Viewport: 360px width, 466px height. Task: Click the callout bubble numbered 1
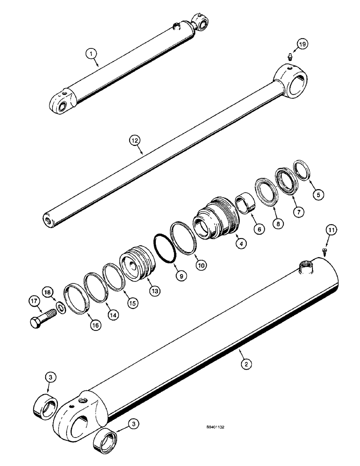(92, 54)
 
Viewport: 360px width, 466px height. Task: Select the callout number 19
(302, 45)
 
